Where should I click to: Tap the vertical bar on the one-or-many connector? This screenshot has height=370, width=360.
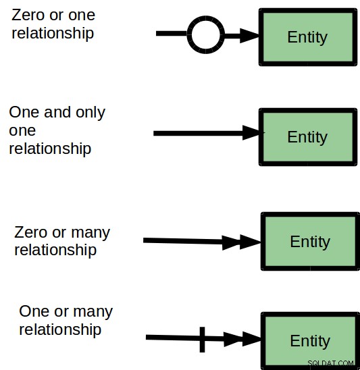pos(203,340)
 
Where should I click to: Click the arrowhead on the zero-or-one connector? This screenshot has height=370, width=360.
pos(249,36)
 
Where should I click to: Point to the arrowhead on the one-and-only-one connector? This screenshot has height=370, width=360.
pos(253,133)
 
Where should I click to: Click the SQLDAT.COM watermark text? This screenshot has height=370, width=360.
pos(330,363)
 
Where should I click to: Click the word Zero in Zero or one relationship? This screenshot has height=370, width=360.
pos(28,15)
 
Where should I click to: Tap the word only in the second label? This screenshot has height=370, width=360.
pos(91,113)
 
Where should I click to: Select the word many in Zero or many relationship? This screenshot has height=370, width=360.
pos(91,233)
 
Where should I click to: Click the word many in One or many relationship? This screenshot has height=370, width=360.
pos(93,312)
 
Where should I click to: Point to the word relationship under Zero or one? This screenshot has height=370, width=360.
pos(53,33)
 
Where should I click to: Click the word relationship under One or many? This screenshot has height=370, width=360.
pos(60,329)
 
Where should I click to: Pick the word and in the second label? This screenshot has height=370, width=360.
pos(57,112)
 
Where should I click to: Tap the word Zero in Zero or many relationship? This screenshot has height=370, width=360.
pos(30,232)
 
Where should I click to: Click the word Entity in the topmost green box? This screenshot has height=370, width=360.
pos(307,37)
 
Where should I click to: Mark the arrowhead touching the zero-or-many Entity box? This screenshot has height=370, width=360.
pos(250,242)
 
